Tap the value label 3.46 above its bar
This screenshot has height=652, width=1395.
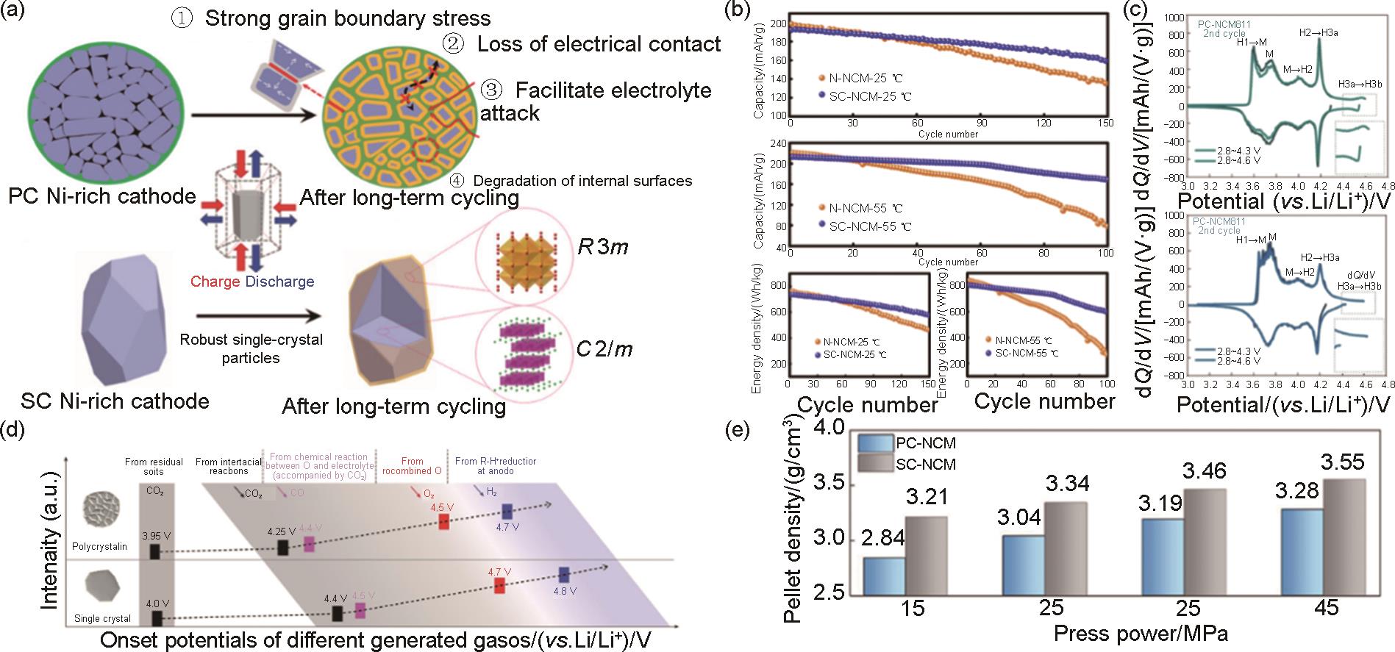(x=1204, y=470)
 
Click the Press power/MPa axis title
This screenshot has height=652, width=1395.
(x=1141, y=633)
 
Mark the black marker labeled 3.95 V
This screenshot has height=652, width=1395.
(x=154, y=551)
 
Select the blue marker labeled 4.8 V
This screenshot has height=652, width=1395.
(x=564, y=574)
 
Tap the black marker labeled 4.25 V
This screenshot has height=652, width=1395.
(x=282, y=547)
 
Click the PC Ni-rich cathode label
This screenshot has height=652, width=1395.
(x=101, y=197)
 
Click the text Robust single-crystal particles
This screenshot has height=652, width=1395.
(x=251, y=349)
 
